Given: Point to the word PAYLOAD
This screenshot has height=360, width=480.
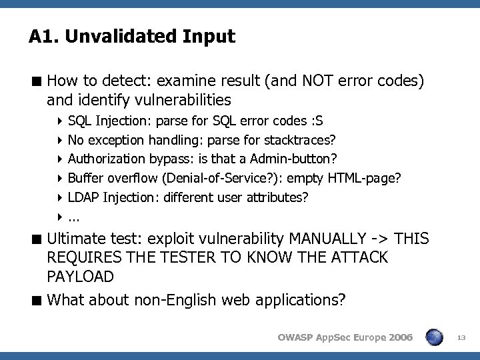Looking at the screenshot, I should click(x=81, y=276).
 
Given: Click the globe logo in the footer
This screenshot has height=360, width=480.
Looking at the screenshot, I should click(x=435, y=337).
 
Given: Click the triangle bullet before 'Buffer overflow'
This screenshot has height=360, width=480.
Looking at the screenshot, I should click(x=60, y=179).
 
